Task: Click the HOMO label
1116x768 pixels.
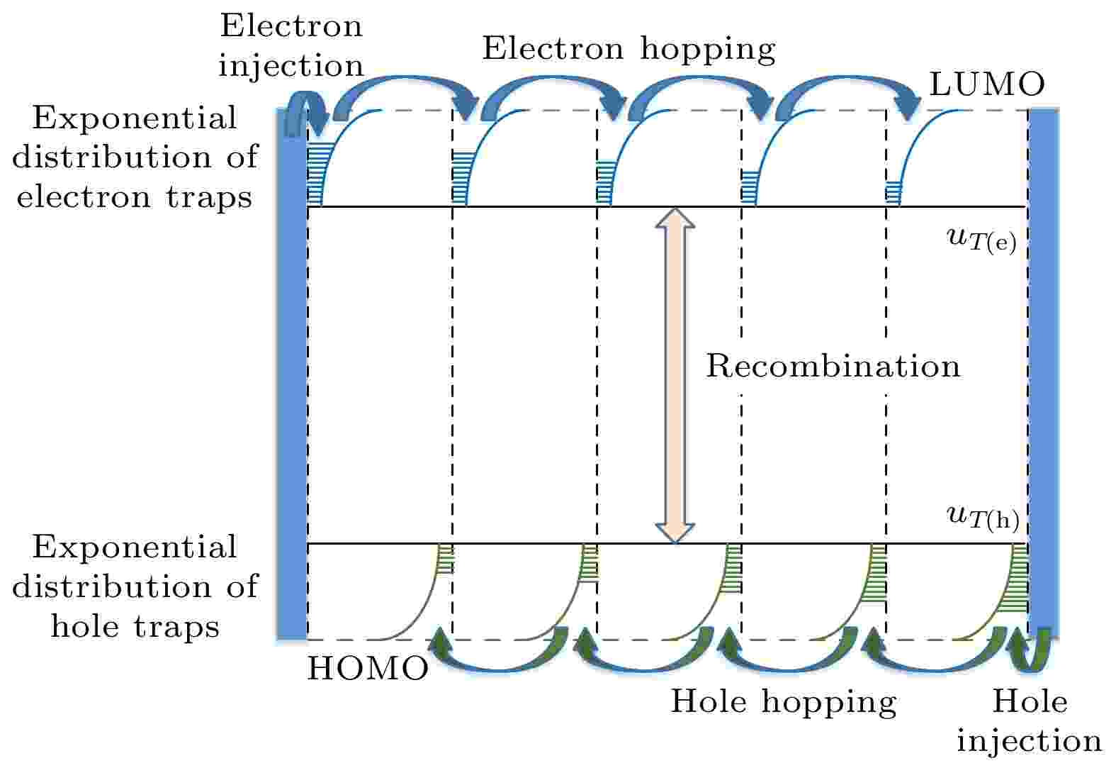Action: pyautogui.click(x=368, y=668)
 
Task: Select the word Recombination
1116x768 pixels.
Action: pyautogui.click(x=833, y=366)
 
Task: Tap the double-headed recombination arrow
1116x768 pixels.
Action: pyautogui.click(x=675, y=375)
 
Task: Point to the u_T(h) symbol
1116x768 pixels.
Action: pyautogui.click(x=983, y=518)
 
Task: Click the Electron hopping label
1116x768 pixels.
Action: pyautogui.click(x=629, y=50)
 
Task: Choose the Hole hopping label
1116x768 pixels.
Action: pyautogui.click(x=783, y=703)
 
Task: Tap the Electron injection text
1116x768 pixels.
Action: pyautogui.click(x=291, y=45)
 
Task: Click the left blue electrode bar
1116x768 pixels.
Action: pyautogui.click(x=292, y=374)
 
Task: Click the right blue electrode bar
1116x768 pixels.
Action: pyautogui.click(x=1044, y=374)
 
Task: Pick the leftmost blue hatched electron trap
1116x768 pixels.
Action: pyautogui.click(x=314, y=174)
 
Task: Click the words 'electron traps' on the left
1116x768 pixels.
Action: pyautogui.click(x=135, y=197)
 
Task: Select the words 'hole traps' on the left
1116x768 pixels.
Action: pyautogui.click(x=135, y=626)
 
